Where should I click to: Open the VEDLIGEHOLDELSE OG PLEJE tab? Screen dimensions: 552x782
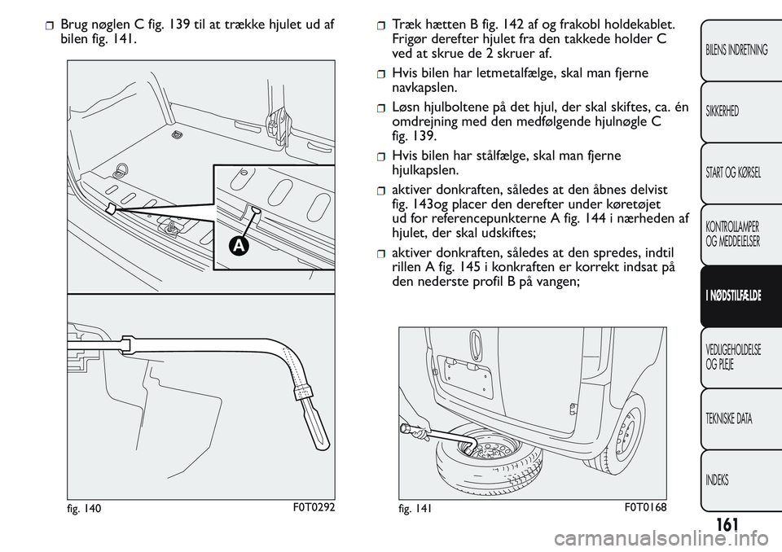(734, 357)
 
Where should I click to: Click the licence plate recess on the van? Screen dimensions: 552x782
(464, 375)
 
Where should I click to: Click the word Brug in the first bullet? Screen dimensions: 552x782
(77, 24)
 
